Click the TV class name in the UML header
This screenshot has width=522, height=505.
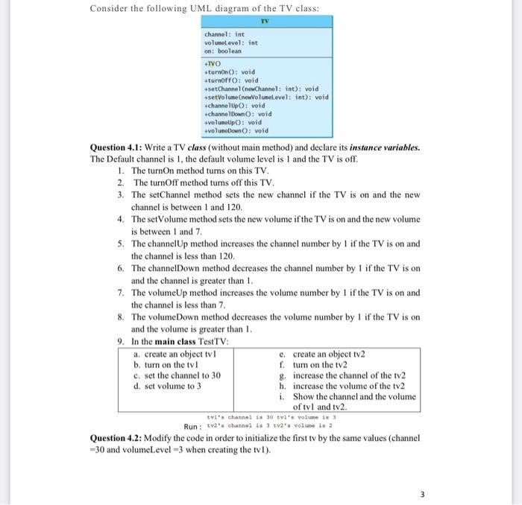pyautogui.click(x=265, y=22)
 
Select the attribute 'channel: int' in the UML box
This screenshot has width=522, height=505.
pyautogui.click(x=224, y=34)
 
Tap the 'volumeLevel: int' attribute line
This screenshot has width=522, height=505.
pyautogui.click(x=231, y=42)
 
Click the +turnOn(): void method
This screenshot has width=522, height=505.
pyautogui.click(x=230, y=72)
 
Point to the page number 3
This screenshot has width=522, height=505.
pyautogui.click(x=421, y=494)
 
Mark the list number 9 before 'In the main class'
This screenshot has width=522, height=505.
pyautogui.click(x=121, y=341)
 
